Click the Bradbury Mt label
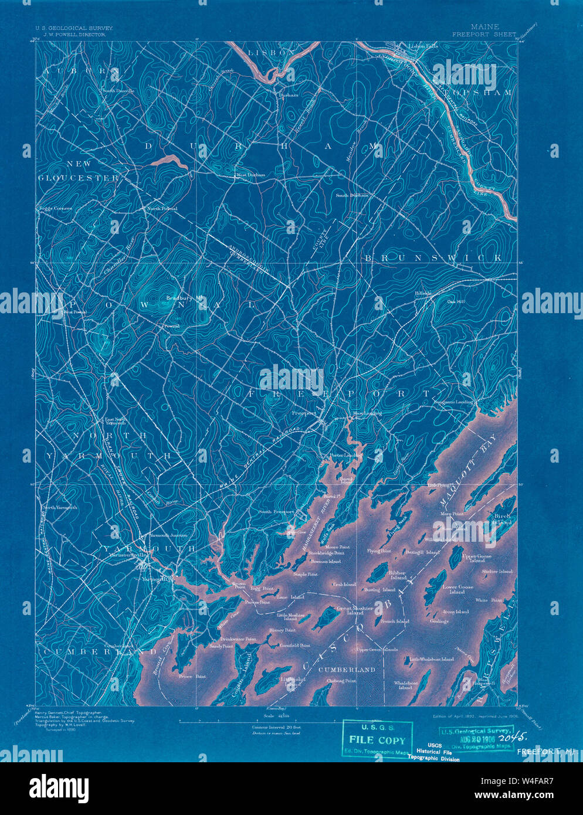[184, 298]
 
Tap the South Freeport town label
[276, 512]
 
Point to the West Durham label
[250, 175]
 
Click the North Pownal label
[162, 209]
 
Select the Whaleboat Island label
[406, 684]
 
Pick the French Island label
[394, 621]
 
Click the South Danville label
[118, 91]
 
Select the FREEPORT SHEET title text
[484, 35]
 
